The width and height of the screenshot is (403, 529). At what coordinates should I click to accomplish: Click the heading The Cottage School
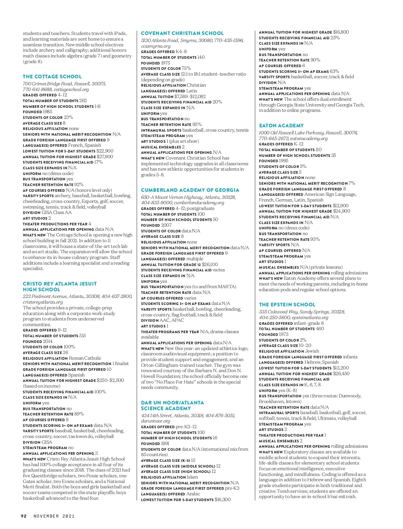[x=52, y=77]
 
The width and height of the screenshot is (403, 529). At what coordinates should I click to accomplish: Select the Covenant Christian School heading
[x=182, y=33]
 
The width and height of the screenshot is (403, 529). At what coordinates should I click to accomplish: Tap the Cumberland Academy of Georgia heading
[x=190, y=190]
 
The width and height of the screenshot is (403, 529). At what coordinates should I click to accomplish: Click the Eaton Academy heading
[x=281, y=126]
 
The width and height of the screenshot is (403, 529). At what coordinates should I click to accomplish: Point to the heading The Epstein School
[x=287, y=305]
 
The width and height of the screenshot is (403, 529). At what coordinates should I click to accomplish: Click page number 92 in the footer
[x=24, y=516]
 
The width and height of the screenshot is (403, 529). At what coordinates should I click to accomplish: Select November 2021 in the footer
[x=54, y=516]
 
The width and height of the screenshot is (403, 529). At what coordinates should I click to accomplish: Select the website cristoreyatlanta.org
[x=43, y=302]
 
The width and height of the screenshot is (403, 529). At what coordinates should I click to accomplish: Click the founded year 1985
[x=48, y=112]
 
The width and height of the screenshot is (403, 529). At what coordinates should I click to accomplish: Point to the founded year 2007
[x=166, y=225]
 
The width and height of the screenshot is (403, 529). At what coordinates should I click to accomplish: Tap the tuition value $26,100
[x=210, y=264]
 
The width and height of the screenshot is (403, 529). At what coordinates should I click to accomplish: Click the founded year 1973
[x=284, y=335]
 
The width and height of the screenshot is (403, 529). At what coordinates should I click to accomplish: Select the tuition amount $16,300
[x=223, y=500]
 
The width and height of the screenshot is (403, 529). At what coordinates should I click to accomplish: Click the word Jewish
[x=312, y=351]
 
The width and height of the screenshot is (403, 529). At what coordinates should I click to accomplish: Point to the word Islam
[x=192, y=477]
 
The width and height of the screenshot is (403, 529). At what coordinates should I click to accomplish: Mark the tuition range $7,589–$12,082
[x=190, y=96]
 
